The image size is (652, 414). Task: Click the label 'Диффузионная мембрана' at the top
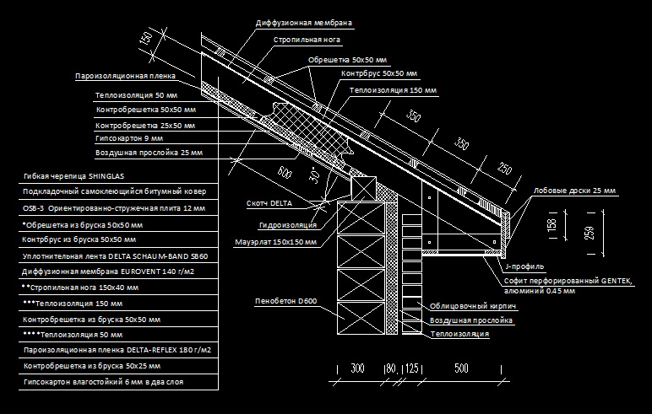(x=303, y=22)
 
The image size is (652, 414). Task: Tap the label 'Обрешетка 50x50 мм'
(x=346, y=59)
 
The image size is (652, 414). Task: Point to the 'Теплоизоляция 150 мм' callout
(x=393, y=89)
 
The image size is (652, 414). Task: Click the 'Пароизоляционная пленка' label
(x=126, y=76)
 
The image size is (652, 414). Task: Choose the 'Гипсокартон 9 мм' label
(x=129, y=137)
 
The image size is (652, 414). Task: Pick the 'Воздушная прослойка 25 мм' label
(x=149, y=153)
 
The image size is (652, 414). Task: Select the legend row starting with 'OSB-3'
(x=102, y=207)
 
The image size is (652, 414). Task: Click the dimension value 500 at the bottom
(x=461, y=368)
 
